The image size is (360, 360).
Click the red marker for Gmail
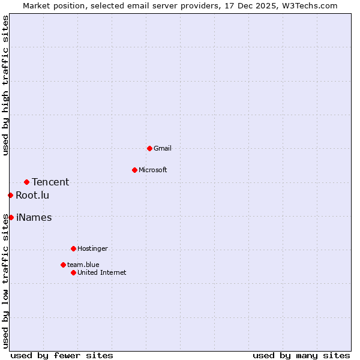click(149, 148)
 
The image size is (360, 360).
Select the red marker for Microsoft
click(134, 170)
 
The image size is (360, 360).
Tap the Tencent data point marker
click(26, 182)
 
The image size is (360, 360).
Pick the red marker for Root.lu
click(10, 195)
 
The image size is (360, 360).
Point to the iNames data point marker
click(11, 217)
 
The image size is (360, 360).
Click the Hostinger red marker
click(73, 248)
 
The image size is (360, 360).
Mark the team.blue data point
click(63, 265)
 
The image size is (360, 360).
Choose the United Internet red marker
click(73, 272)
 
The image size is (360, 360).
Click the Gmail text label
click(163, 148)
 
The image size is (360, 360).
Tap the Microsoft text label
click(153, 170)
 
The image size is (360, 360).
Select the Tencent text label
click(50, 182)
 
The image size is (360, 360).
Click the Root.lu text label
click(32, 195)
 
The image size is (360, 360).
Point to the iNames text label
click(34, 217)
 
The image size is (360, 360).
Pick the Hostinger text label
click(92, 248)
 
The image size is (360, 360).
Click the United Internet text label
click(102, 272)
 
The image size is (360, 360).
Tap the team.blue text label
click(83, 265)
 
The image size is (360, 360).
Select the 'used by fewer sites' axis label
click(62, 355)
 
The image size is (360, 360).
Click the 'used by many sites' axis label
click(301, 355)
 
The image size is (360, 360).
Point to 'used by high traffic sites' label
click(5, 85)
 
